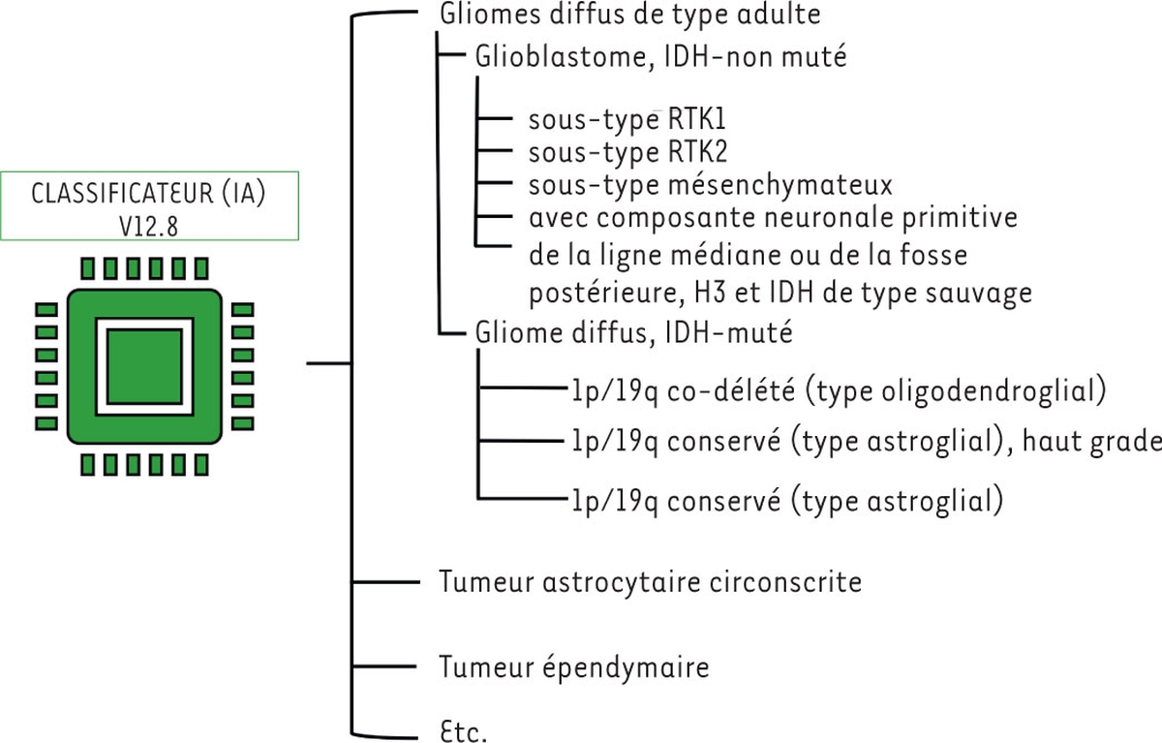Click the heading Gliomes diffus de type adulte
pos(630,16)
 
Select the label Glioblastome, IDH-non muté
pos(661,57)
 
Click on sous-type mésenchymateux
pos(710,184)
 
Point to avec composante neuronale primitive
pos(773,217)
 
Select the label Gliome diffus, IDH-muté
pos(634,334)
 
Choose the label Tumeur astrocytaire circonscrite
pos(650,583)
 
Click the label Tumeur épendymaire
pos(574,668)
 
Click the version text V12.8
pos(149,223)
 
